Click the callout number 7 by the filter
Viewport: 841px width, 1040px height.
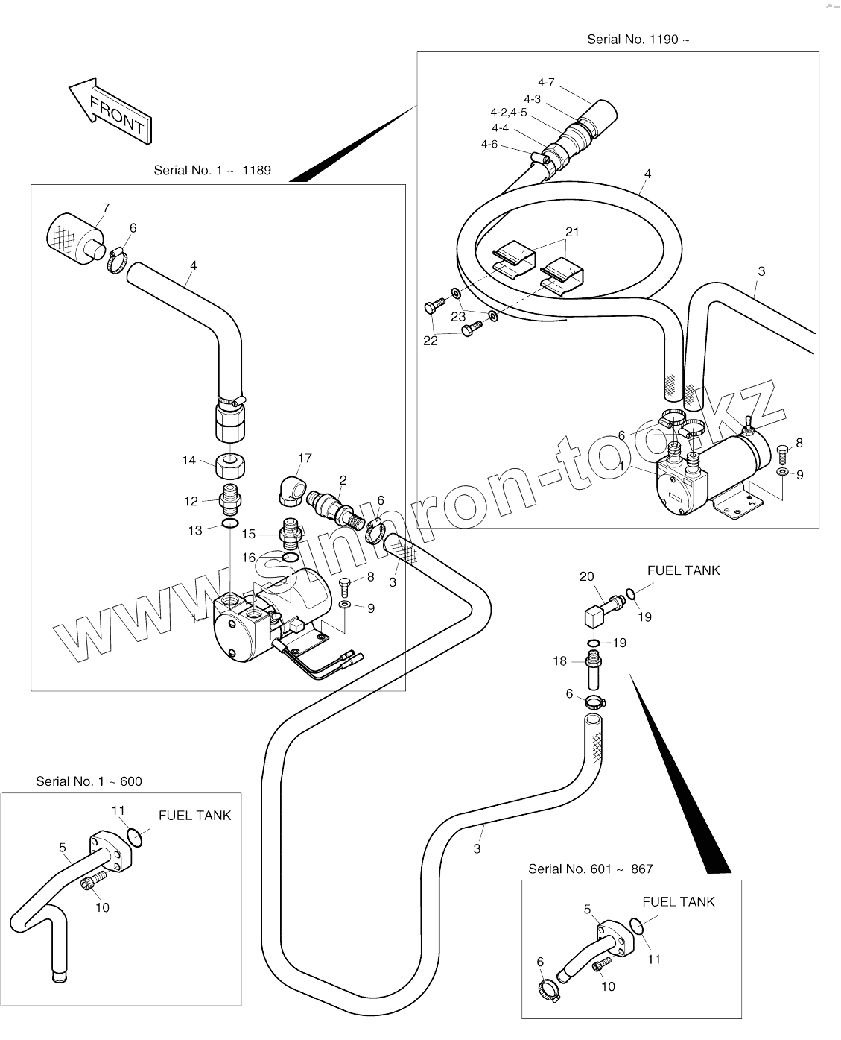(106, 208)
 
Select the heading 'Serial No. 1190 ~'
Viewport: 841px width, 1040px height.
(638, 40)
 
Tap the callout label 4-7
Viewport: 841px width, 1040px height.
(546, 83)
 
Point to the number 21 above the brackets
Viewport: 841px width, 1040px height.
(571, 232)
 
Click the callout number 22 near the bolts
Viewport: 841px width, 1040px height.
(431, 341)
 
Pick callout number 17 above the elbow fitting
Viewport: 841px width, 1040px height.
(305, 458)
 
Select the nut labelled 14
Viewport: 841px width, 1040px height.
(231, 467)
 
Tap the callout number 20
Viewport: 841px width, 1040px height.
(587, 576)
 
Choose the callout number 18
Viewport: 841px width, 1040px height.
(560, 661)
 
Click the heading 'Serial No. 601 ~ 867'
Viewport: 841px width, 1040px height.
(590, 869)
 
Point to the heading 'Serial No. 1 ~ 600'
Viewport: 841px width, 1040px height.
(89, 781)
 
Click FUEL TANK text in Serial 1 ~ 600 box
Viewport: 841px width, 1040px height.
(194, 816)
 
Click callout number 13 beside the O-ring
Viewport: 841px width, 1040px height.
(195, 530)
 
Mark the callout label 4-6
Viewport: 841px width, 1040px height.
(489, 144)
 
